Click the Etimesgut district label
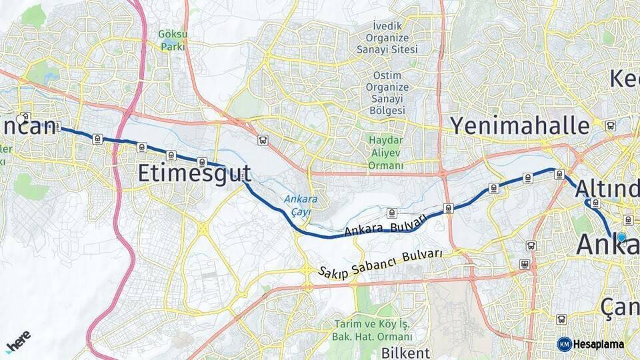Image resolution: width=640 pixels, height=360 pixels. pos(194,173)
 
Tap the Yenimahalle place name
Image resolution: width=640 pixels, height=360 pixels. pos(519,125)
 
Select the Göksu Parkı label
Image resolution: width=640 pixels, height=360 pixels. pos(173,40)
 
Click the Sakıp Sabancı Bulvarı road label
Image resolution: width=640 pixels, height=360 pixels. pos(380,263)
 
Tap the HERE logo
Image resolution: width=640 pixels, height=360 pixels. pos(18,341)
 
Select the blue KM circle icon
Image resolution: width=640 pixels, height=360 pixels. pos(564,344)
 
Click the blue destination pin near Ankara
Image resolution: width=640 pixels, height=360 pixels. pos(621,237)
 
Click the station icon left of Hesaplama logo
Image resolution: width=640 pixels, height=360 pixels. pos(561,319)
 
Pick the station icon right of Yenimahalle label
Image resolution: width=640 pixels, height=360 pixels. pos(610,125)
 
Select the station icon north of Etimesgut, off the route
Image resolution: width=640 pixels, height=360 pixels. pos(263,140)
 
